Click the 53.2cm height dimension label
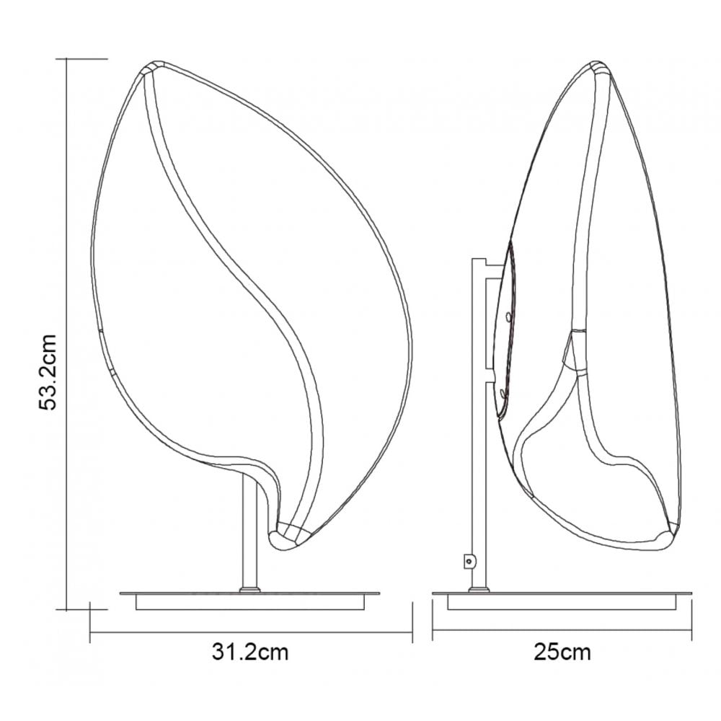click(48, 372)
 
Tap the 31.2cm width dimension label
click(250, 652)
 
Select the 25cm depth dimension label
click(562, 652)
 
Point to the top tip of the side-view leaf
click(597, 63)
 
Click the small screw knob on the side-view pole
click(469, 561)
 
